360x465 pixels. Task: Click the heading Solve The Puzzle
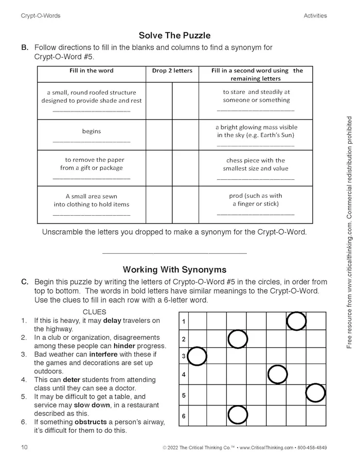[174, 35]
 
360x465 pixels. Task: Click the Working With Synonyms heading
[174, 269]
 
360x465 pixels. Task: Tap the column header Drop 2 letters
[172, 70]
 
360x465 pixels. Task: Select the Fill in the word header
[92, 70]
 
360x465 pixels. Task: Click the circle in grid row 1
[296, 321]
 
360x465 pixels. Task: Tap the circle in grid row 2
[237, 339]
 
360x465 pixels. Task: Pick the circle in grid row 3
[197, 356]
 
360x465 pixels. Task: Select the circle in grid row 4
[277, 375]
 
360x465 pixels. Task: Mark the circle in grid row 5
[316, 393]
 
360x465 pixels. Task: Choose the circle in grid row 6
[237, 415]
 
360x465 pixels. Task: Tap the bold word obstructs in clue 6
[91, 422]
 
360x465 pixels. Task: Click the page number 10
[24, 447]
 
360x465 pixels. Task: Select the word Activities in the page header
[315, 15]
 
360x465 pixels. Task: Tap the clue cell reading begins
[92, 131]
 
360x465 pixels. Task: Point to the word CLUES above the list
[94, 312]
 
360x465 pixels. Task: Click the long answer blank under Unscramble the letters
[174, 252]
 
